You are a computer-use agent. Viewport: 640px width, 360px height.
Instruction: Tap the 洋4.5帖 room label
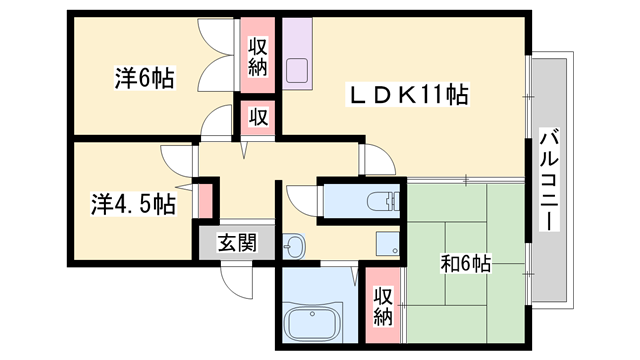tap(133, 204)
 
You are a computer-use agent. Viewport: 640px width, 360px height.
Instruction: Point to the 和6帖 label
tap(466, 264)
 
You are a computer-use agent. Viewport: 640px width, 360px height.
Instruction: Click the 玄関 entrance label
tap(237, 242)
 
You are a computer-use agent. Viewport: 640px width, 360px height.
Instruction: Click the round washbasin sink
tap(292, 244)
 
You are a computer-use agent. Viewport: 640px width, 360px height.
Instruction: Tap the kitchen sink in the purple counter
tap(298, 71)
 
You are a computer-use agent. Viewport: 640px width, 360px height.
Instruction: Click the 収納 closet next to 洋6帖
tap(258, 56)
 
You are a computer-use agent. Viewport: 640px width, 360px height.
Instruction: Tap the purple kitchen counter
tap(297, 55)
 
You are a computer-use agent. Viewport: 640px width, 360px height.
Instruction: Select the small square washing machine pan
tap(387, 243)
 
